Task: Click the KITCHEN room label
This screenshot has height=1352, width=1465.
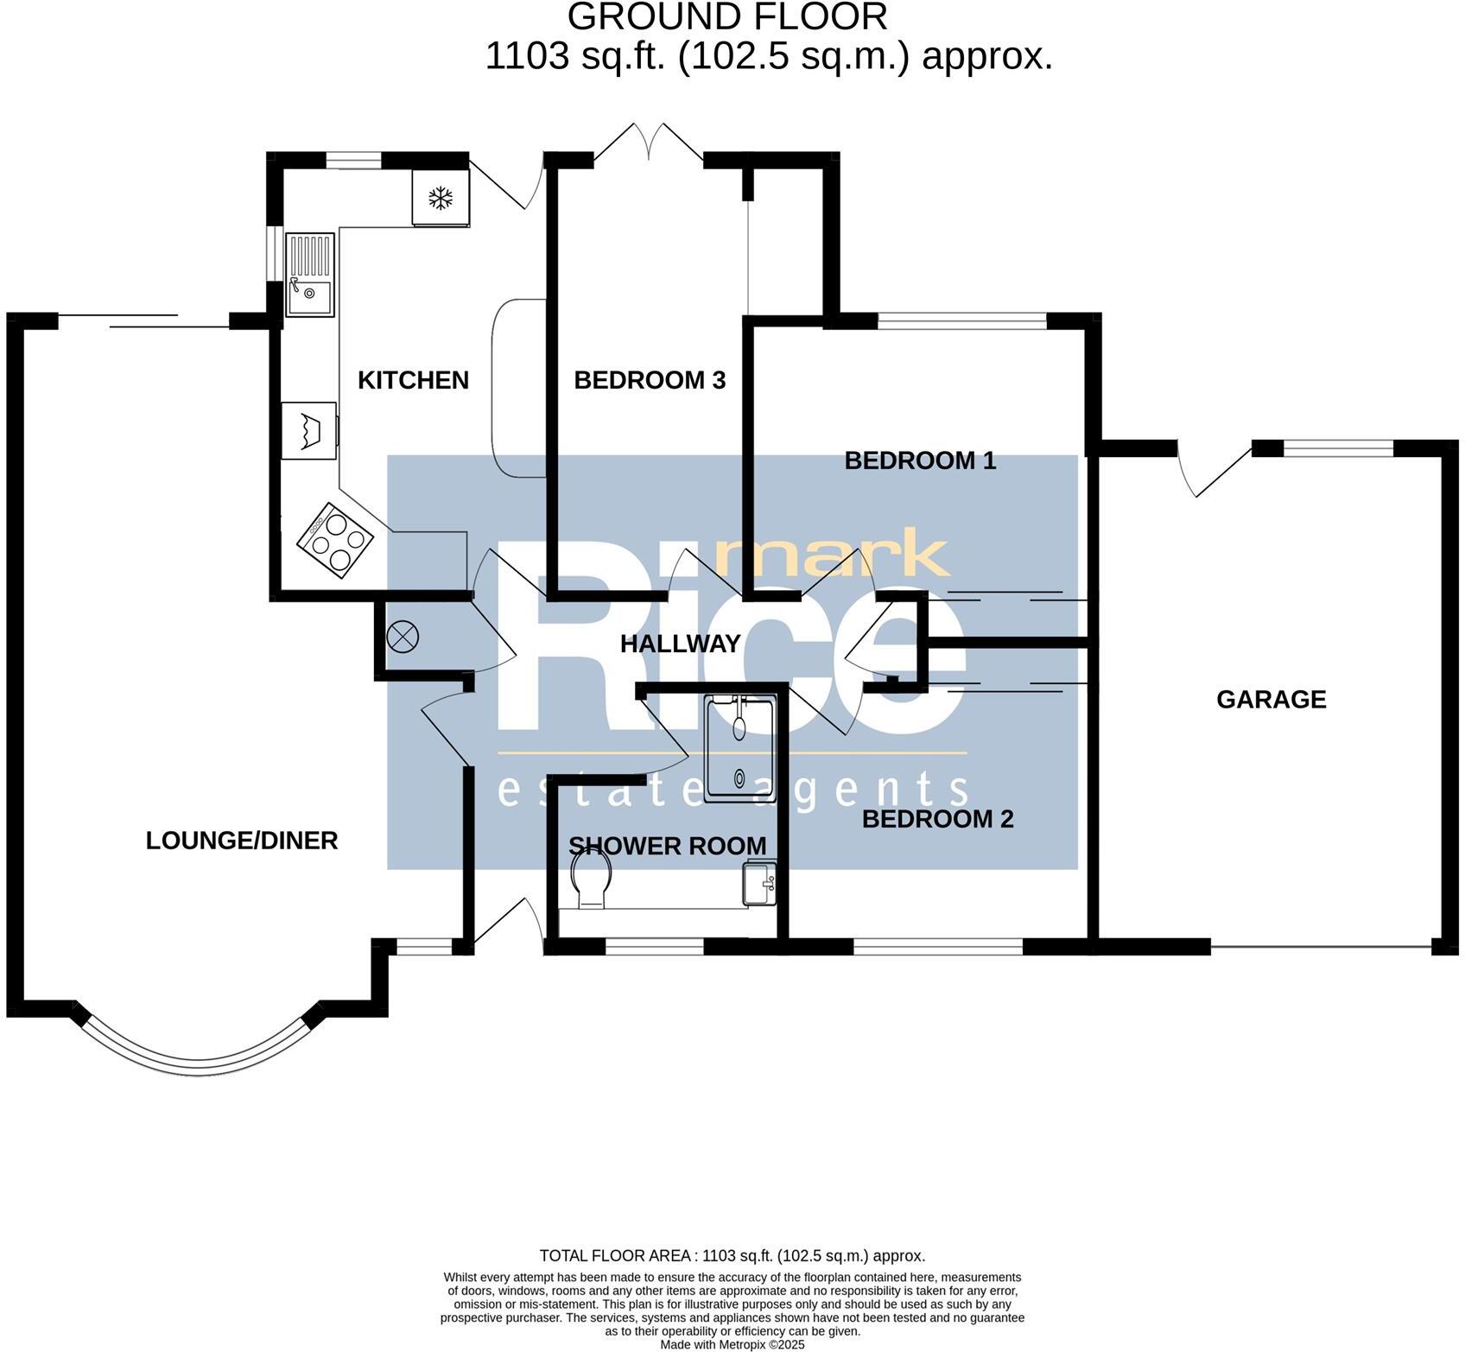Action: (x=413, y=380)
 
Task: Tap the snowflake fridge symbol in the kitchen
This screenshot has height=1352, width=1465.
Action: (x=441, y=199)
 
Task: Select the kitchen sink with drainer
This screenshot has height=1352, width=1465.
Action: (x=309, y=275)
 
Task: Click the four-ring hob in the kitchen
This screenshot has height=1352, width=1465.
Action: (x=335, y=540)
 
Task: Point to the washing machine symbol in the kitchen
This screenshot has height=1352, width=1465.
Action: (x=308, y=429)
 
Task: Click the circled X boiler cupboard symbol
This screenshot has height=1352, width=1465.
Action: (x=403, y=638)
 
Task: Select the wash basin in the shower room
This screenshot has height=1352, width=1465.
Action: (x=759, y=883)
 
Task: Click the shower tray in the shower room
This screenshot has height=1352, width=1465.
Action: (x=739, y=748)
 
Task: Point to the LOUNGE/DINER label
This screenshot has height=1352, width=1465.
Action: (x=241, y=841)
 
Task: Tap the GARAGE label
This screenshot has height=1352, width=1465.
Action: (x=1271, y=699)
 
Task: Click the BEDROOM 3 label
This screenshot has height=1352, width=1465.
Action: (x=650, y=380)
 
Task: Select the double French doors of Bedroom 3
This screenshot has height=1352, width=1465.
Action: (x=649, y=143)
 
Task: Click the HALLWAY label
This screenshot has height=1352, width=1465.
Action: (x=680, y=644)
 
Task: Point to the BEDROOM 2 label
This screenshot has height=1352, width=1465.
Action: (x=937, y=819)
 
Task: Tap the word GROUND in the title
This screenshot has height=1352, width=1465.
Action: (x=641, y=17)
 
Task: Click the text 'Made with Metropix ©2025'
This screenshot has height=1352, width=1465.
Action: (x=732, y=1345)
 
